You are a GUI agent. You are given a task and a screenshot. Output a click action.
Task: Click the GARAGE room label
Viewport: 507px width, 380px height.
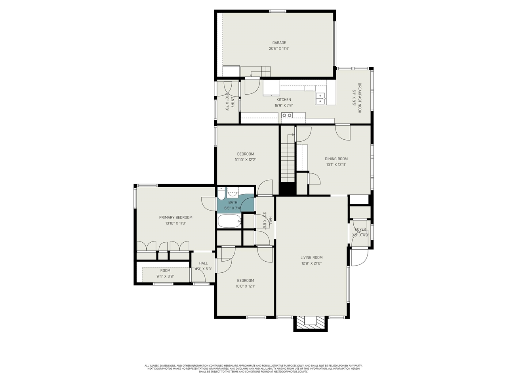279,43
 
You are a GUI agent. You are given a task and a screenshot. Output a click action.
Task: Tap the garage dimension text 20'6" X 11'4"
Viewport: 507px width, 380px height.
279,49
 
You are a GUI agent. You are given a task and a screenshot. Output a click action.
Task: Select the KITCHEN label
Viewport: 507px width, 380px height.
284,100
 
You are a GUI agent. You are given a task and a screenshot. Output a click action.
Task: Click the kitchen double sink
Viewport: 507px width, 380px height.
320,99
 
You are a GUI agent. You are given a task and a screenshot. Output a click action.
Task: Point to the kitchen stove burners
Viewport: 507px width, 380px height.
287,115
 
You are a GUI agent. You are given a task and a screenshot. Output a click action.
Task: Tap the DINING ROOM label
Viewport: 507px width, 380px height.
336,159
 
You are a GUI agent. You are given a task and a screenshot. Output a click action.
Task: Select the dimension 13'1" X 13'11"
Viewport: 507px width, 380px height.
336,165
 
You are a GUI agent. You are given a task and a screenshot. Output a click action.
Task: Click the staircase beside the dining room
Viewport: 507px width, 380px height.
288,158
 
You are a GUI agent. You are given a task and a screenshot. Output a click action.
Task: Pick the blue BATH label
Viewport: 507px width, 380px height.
233,202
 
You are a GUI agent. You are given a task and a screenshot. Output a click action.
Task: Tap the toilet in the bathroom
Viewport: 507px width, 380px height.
221,194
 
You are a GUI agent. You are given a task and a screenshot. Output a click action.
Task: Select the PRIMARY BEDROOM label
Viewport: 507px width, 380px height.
175,217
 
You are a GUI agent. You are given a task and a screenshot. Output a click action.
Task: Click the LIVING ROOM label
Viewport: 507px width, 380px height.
311,257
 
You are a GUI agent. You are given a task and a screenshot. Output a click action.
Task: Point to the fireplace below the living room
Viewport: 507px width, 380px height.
311,322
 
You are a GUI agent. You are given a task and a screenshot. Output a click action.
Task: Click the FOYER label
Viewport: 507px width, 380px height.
360,230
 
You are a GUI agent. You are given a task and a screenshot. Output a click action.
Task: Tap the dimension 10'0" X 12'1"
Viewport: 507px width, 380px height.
245,286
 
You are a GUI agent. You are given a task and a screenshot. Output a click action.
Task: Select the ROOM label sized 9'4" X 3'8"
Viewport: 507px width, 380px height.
165,271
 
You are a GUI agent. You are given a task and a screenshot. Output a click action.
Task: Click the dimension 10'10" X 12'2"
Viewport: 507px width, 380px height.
246,160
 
